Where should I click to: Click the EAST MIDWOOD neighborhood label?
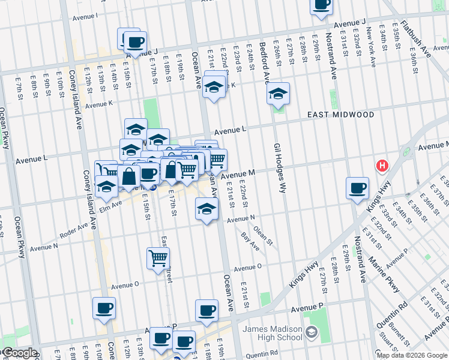tap(340, 115)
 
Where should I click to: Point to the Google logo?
tap(19, 353)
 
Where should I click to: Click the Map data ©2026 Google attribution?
tap(411, 355)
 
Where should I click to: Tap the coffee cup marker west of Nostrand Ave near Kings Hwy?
tap(358, 188)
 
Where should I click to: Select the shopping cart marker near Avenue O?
tap(158, 258)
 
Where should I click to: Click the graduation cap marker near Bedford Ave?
tap(278, 94)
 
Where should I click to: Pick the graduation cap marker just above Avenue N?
tap(206, 209)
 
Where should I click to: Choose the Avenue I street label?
tap(85, 16)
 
